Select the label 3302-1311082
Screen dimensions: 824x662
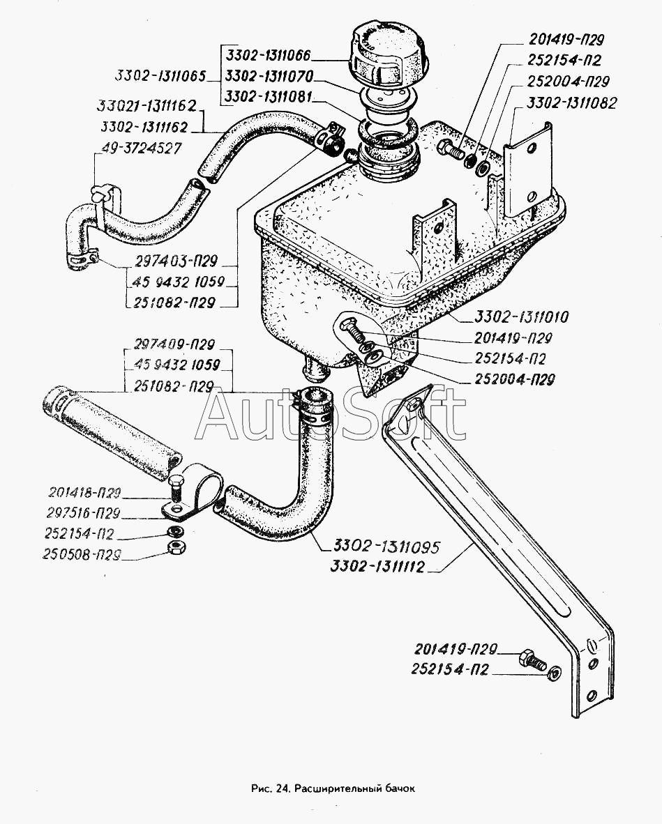(x=572, y=103)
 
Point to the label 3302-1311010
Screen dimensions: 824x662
(x=522, y=318)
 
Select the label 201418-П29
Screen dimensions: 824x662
(x=86, y=494)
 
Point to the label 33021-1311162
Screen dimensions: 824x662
(x=147, y=108)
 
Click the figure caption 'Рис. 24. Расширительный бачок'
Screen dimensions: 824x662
(x=331, y=789)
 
